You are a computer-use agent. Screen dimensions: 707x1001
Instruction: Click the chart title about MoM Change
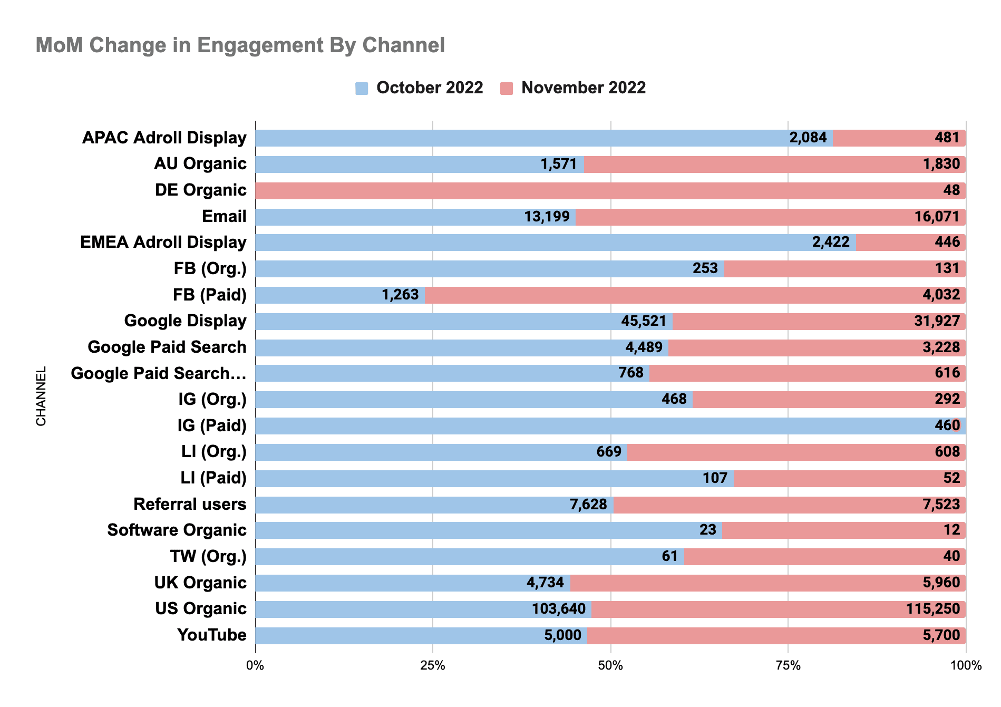tap(240, 45)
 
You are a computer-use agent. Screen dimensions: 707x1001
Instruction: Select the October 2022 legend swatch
tap(362, 88)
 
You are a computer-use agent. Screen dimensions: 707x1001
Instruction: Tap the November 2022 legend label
tap(584, 88)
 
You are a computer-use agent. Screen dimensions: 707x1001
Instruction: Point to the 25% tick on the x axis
tap(432, 666)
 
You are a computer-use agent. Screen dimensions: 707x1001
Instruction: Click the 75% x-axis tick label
tap(788, 666)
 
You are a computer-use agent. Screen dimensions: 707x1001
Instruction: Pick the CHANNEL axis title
tap(41, 396)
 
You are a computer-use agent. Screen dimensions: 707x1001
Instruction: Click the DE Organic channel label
tap(200, 190)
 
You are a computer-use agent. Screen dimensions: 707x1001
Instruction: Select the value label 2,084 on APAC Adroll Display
tap(808, 138)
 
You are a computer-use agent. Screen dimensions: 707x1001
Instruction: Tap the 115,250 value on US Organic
tap(933, 609)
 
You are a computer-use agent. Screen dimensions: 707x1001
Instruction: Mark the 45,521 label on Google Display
tap(644, 321)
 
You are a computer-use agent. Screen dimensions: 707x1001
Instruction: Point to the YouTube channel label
tap(212, 635)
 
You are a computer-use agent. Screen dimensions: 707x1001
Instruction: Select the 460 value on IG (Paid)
tap(947, 426)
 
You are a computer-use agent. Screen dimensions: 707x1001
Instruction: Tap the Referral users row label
tap(190, 505)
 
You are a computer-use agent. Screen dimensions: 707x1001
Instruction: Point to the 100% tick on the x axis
tap(966, 666)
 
